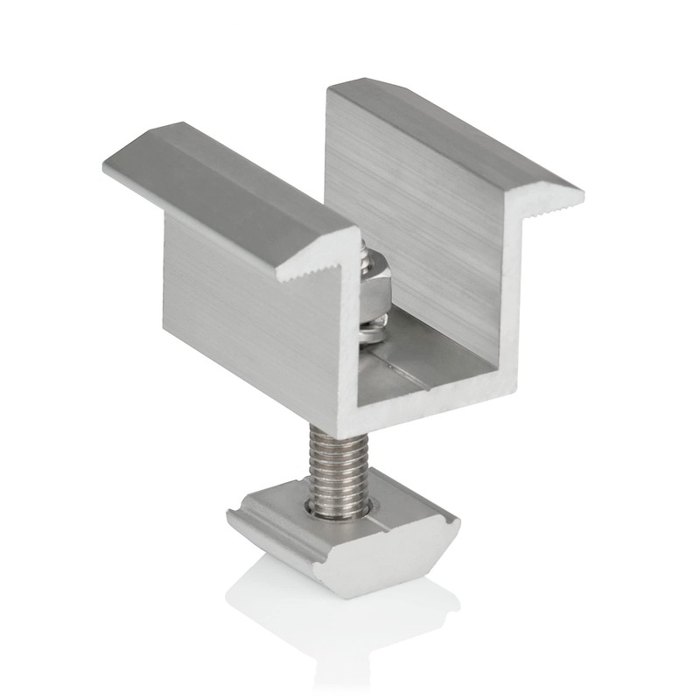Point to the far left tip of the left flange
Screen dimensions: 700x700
pos(106,164)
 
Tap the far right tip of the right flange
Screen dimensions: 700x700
pos(581,190)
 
